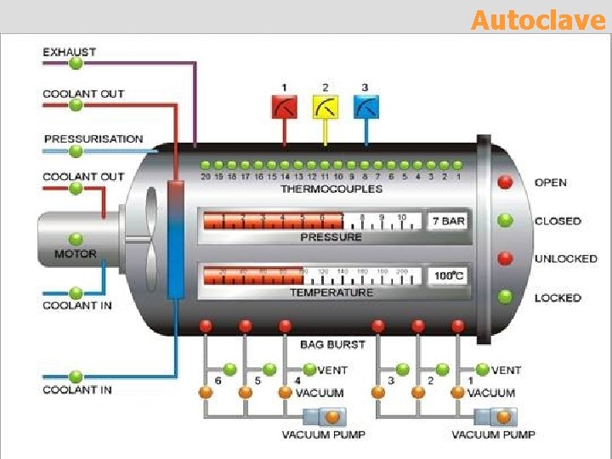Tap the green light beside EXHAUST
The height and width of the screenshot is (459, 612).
(76, 63)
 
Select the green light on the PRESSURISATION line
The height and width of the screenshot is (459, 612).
(76, 151)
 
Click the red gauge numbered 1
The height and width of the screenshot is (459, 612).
(284, 107)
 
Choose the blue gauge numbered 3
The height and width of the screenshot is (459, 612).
(366, 107)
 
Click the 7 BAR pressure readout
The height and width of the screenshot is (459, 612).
(447, 221)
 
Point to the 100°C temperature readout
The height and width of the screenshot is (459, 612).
(448, 276)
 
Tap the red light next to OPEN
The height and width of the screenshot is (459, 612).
(506, 182)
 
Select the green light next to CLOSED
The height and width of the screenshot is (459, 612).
(506, 220)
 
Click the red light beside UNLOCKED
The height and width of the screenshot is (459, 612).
(506, 258)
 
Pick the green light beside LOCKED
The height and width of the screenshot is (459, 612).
(506, 297)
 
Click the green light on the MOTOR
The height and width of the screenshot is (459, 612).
(76, 240)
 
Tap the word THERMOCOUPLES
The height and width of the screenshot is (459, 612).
(331, 189)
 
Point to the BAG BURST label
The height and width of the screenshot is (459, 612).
(332, 344)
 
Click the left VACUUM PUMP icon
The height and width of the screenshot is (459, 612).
(325, 416)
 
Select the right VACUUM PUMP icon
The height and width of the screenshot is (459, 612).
(494, 416)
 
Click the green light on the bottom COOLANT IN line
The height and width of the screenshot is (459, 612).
(76, 377)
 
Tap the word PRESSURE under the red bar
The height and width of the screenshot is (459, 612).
(331, 237)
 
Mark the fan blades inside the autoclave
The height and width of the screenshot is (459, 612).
(151, 238)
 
